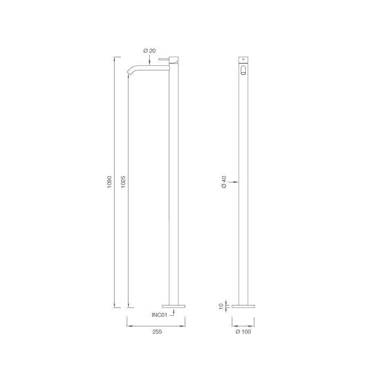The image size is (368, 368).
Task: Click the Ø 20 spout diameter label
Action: (149, 51)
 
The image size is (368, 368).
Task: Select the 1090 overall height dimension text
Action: (109, 182)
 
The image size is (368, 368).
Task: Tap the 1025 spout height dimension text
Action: (123, 182)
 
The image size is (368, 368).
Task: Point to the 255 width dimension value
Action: (157, 332)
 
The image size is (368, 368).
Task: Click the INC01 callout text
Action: (160, 314)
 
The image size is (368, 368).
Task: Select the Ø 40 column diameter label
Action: (224, 182)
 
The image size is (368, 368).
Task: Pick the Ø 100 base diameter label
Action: (243, 332)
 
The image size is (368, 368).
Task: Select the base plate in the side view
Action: (174, 305)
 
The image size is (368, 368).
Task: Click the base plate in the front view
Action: (243, 305)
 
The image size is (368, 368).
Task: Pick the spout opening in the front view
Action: (243, 70)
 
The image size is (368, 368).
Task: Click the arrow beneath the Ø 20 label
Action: (149, 61)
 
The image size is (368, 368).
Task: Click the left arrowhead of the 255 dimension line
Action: (129, 326)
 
